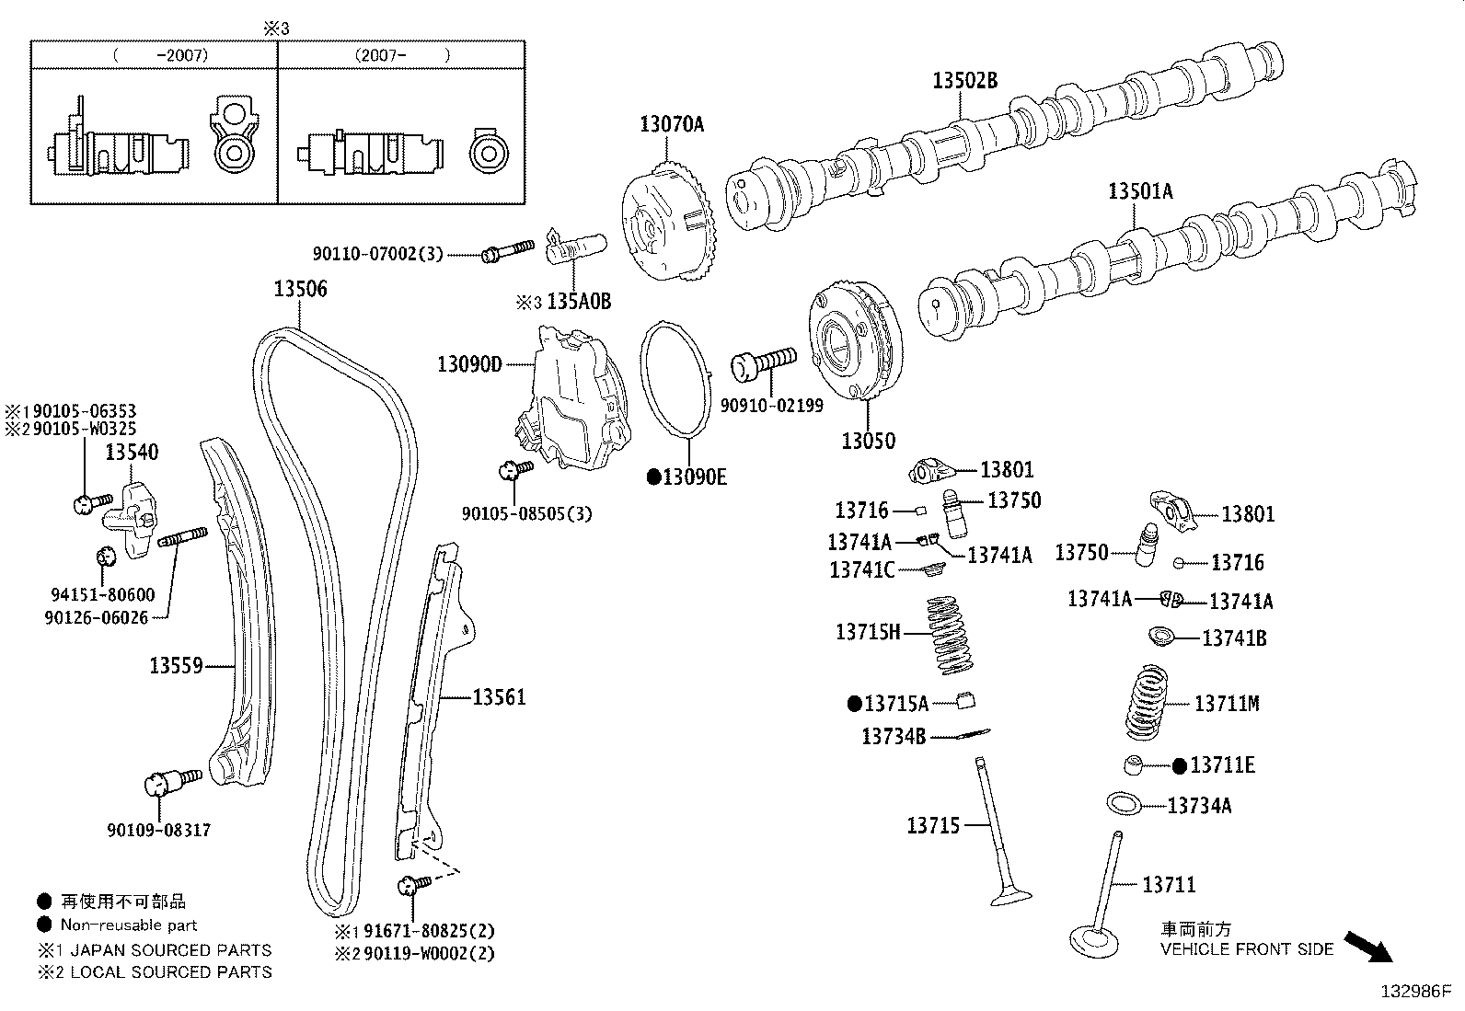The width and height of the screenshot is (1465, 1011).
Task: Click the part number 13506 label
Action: click(300, 289)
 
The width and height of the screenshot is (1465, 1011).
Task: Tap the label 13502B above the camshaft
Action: click(964, 80)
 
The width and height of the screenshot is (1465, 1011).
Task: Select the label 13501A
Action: click(1140, 191)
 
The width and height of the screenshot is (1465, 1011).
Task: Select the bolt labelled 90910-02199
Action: click(763, 362)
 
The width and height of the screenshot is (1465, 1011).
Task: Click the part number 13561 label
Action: click(499, 697)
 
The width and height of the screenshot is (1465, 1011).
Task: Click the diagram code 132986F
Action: click(1414, 992)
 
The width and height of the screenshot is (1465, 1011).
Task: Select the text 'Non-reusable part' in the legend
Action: click(129, 925)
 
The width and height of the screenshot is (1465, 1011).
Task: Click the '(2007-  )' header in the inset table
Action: click(402, 55)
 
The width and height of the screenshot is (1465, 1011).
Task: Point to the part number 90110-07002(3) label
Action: click(377, 253)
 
